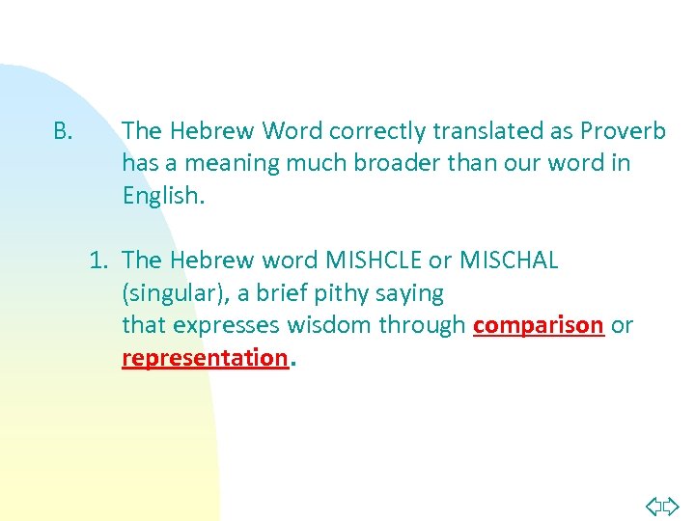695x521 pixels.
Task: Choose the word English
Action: (163, 196)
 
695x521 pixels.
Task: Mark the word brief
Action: (281, 293)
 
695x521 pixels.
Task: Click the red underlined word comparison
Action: (539, 326)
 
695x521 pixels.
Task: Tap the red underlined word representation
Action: (205, 359)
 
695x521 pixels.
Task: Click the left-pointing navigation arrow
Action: (653, 505)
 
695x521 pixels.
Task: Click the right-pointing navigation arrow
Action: (672, 505)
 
